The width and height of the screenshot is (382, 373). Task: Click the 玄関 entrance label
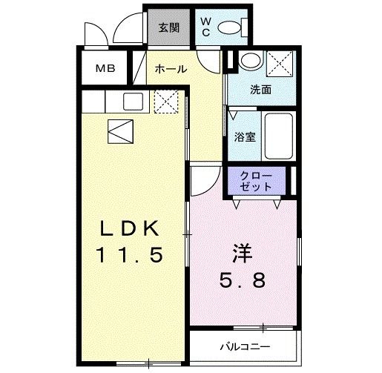click(x=169, y=28)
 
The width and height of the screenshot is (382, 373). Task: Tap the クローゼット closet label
click(x=256, y=181)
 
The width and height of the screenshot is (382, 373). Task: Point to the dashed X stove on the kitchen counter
click(x=164, y=101)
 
